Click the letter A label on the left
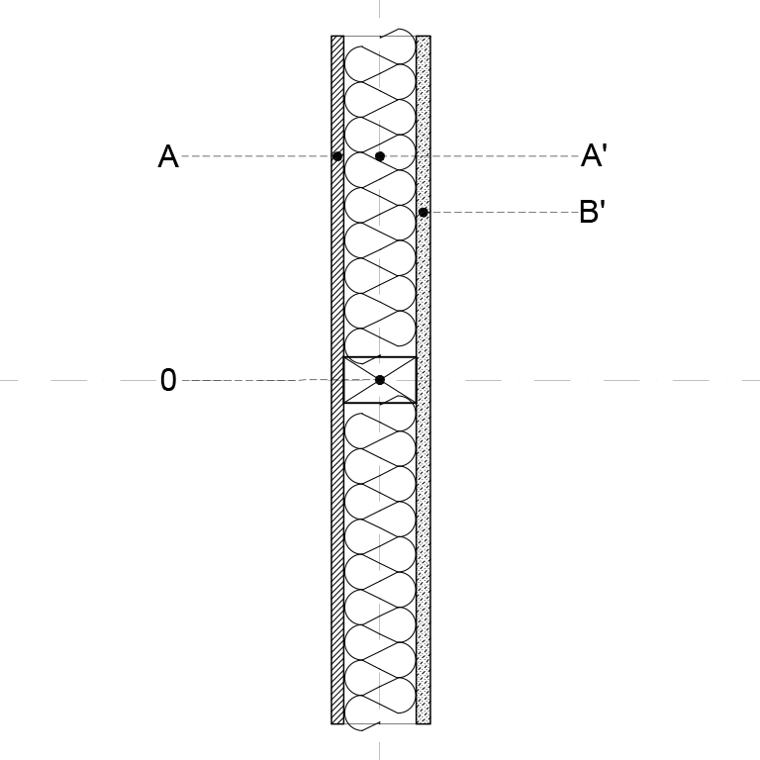pyautogui.click(x=168, y=156)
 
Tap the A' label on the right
pyautogui.click(x=594, y=155)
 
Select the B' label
pyautogui.click(x=593, y=212)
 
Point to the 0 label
pyautogui.click(x=168, y=380)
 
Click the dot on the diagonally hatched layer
pyautogui.click(x=337, y=156)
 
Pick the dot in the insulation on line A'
pyautogui.click(x=380, y=156)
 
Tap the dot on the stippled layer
pyautogui.click(x=424, y=213)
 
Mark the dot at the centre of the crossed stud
pyautogui.click(x=380, y=380)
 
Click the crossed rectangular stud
pyautogui.click(x=380, y=380)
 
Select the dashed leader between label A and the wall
pyautogui.click(x=256, y=156)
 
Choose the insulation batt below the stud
pyautogui.click(x=380, y=562)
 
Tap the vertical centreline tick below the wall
pyautogui.click(x=380, y=750)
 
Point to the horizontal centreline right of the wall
pyautogui.click(x=595, y=380)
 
